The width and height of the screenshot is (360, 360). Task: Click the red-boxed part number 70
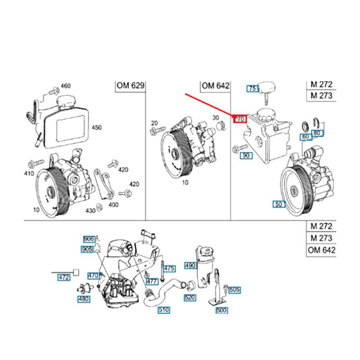[239, 119]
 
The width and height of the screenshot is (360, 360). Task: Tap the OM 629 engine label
[130, 86]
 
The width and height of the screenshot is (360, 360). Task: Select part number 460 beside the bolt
[66, 86]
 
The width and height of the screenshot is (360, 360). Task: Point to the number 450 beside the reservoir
[97, 127]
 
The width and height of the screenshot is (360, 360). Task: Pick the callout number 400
[113, 205]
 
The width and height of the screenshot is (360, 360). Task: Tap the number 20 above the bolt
[154, 123]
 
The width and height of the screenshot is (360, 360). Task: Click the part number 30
[216, 118]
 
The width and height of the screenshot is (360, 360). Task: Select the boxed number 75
[252, 89]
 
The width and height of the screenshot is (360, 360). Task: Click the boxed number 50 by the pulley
[279, 204]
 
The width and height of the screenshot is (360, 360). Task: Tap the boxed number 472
[64, 278]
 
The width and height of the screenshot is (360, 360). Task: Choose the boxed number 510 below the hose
[164, 310]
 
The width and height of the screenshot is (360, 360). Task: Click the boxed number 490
[190, 265]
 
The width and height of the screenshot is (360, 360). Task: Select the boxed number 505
[234, 290]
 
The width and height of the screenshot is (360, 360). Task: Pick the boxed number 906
[88, 239]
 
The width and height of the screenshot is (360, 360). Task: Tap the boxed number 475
[168, 268]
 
